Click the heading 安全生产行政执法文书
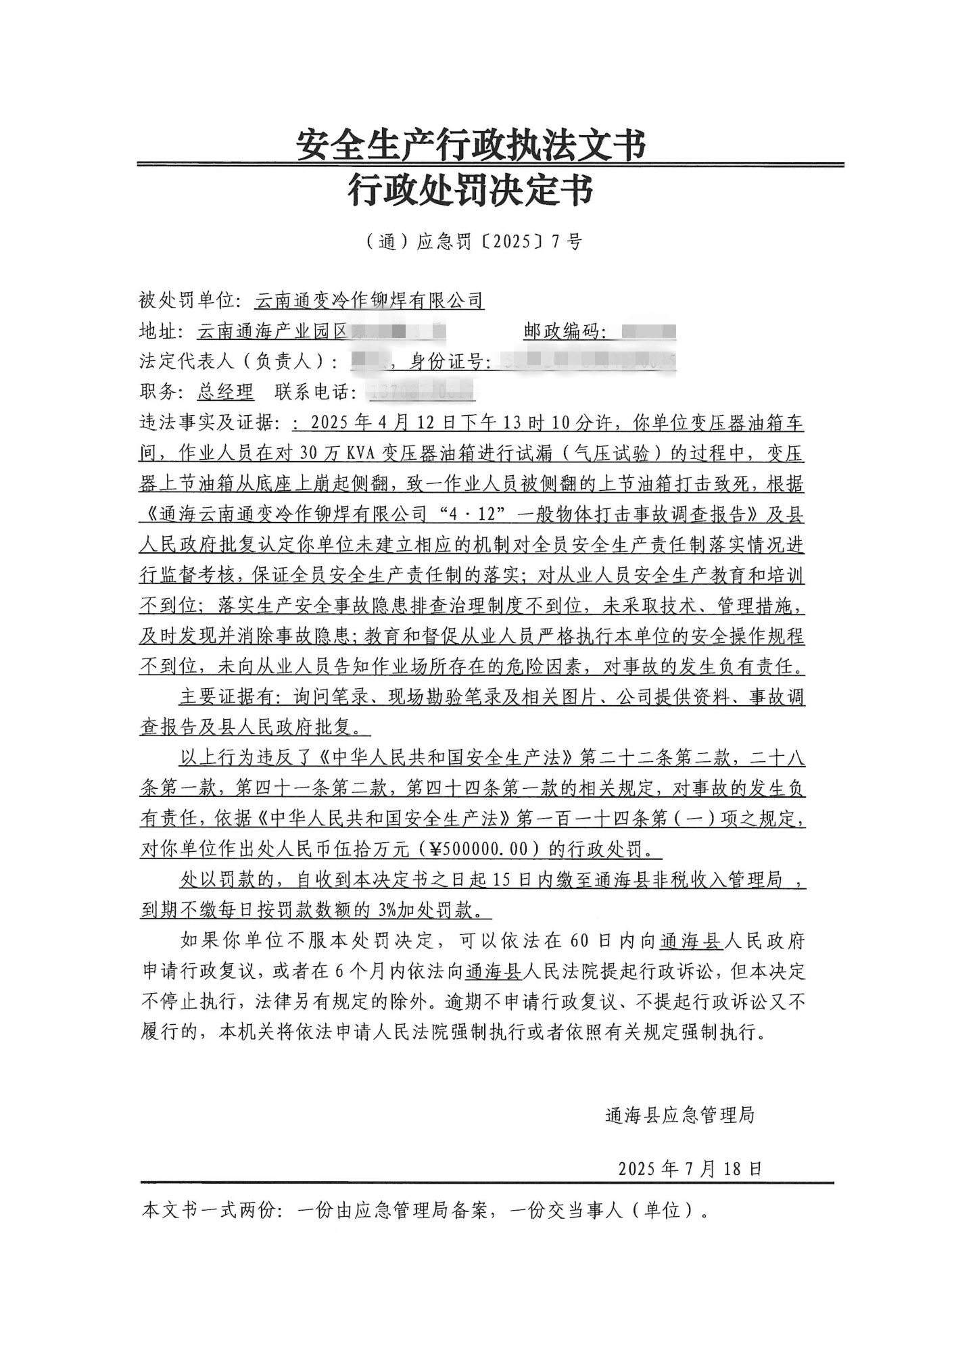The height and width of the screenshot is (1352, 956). (x=471, y=144)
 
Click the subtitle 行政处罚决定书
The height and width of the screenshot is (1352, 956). (x=471, y=190)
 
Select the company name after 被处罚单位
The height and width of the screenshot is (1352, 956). (x=369, y=300)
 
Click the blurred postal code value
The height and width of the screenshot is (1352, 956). (x=648, y=332)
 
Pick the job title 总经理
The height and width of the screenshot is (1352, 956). (x=225, y=392)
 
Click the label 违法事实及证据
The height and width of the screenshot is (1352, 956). (x=209, y=423)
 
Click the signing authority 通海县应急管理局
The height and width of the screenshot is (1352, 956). (x=679, y=1115)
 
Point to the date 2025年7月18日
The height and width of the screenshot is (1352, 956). (x=690, y=1169)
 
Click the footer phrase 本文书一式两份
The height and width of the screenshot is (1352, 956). (x=209, y=1210)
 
